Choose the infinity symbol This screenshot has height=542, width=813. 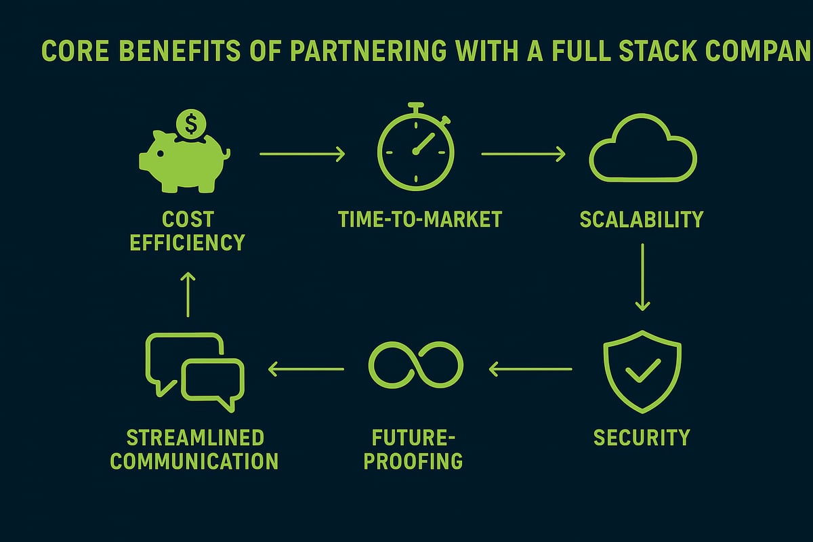tap(415, 362)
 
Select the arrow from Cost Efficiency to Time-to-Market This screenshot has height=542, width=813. tap(302, 154)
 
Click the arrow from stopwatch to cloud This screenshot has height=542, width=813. tap(523, 154)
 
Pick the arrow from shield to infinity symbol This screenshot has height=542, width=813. tap(530, 369)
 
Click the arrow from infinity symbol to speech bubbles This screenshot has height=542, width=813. tap(306, 369)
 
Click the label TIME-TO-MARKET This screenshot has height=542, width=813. tap(420, 220)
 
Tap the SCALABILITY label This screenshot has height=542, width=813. tap(642, 220)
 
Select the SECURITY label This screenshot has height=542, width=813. tap(642, 437)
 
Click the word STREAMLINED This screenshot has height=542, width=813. tap(194, 437)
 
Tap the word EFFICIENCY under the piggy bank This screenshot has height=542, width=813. tap(187, 243)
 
